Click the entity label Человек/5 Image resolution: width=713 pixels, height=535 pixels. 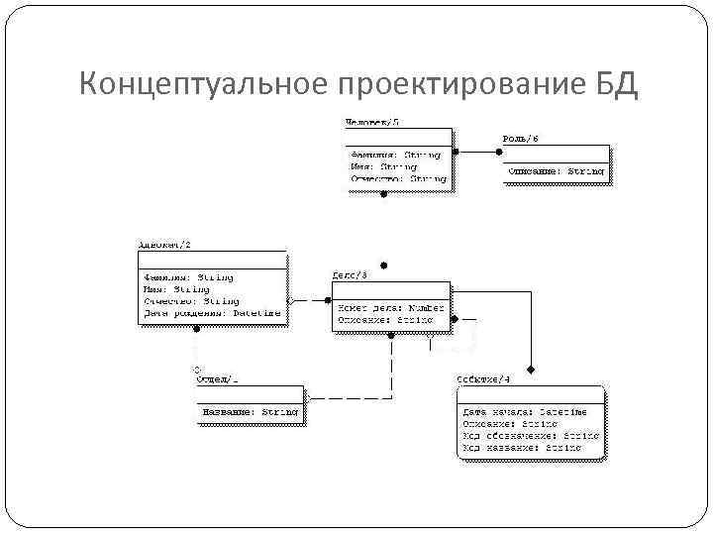[372, 122]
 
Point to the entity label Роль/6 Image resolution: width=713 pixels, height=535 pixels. [521, 138]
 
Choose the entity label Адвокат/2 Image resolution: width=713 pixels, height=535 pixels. [164, 244]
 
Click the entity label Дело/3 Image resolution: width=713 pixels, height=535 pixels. [350, 274]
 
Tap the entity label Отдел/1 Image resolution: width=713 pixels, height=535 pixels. [217, 378]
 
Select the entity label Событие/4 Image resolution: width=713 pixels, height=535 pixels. [483, 379]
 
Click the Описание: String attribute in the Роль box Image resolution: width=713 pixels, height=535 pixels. [556, 171]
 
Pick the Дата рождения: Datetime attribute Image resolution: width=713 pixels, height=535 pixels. [212, 313]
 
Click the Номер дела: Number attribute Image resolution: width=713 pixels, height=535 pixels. [391, 308]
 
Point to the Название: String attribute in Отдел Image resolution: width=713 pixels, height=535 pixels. [250, 411]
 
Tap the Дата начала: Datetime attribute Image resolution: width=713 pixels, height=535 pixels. [524, 411]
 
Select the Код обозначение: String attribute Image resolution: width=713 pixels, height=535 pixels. [530, 435]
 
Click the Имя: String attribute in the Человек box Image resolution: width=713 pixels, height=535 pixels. [383, 166]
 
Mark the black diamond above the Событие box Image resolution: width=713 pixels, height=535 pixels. [531, 370]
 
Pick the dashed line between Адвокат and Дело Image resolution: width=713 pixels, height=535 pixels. [310, 299]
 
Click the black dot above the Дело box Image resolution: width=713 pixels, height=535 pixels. [385, 266]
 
